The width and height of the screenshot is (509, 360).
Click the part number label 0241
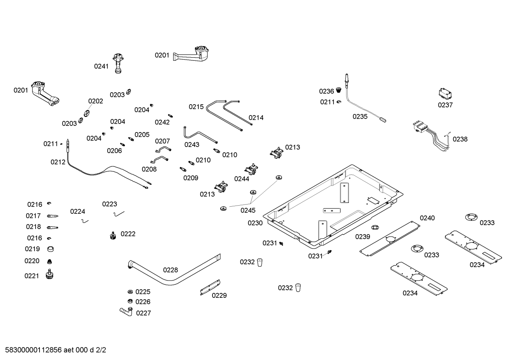click(101, 66)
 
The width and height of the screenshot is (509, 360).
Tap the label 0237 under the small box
click(445, 105)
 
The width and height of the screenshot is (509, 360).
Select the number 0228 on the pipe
click(170, 270)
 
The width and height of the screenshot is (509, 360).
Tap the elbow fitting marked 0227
click(126, 311)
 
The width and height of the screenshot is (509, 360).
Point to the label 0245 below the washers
click(248, 211)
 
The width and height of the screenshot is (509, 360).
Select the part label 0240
click(427, 218)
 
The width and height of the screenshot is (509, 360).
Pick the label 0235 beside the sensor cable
click(360, 117)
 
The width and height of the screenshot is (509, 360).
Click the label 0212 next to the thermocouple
click(58, 162)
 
